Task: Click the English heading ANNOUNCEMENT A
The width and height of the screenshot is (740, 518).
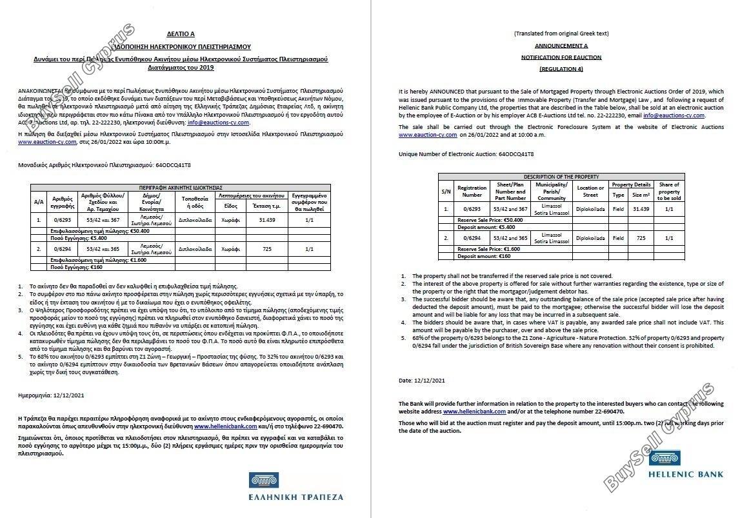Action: [561, 46]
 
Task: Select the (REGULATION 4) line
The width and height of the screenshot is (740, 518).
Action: [561, 68]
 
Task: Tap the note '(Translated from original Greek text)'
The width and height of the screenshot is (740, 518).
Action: [561, 34]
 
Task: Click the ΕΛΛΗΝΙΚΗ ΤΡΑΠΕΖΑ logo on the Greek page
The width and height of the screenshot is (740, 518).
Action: [295, 487]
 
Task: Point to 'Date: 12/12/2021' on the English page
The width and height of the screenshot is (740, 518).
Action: [422, 381]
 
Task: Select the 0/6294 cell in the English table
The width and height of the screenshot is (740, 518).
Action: [472, 238]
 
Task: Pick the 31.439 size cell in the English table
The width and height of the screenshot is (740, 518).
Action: [641, 209]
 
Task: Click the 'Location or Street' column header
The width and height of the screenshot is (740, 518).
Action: [590, 192]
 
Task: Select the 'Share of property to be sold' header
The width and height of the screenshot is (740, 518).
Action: [668, 192]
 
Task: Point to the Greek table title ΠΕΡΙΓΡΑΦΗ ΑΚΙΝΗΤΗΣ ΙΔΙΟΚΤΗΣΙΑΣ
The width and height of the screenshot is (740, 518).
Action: [181, 186]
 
